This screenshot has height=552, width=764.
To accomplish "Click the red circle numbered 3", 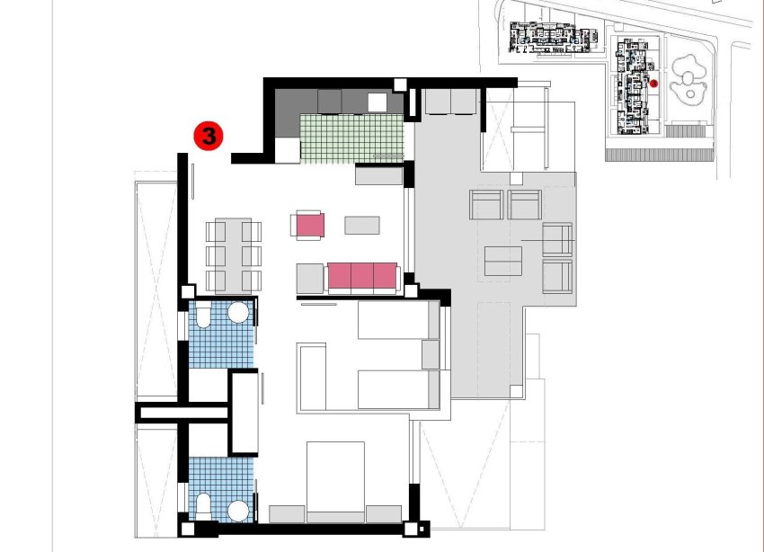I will click(x=209, y=137).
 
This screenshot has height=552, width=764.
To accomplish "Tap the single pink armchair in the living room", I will click(x=308, y=224).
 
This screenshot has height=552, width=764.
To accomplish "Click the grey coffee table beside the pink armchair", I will click(x=362, y=225).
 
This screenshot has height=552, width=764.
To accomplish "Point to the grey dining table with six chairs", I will click(x=234, y=255).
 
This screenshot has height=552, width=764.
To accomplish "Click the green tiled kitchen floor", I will click(x=351, y=138).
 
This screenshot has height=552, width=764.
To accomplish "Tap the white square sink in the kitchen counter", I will click(x=377, y=102).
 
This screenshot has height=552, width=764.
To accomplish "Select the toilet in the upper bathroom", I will click(x=203, y=315).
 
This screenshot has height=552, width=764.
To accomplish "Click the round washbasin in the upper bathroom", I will click(x=238, y=313).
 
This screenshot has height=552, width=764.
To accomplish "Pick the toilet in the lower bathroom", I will click(x=203, y=507).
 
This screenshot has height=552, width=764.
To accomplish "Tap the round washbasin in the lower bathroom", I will click(x=238, y=511).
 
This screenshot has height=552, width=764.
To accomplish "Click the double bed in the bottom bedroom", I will click(x=335, y=480).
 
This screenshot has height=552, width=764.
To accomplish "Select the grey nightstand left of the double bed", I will click(x=288, y=513).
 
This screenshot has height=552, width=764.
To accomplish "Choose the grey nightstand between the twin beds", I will click(x=431, y=354).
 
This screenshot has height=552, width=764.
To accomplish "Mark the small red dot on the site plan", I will click(x=654, y=84).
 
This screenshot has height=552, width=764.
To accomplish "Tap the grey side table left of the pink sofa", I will click(x=310, y=278).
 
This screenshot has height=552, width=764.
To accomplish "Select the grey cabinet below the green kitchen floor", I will click(x=379, y=174).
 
